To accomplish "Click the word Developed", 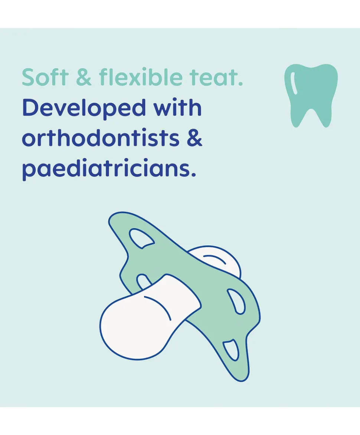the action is [x=84, y=109].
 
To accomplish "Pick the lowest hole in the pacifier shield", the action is [x=231, y=350].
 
